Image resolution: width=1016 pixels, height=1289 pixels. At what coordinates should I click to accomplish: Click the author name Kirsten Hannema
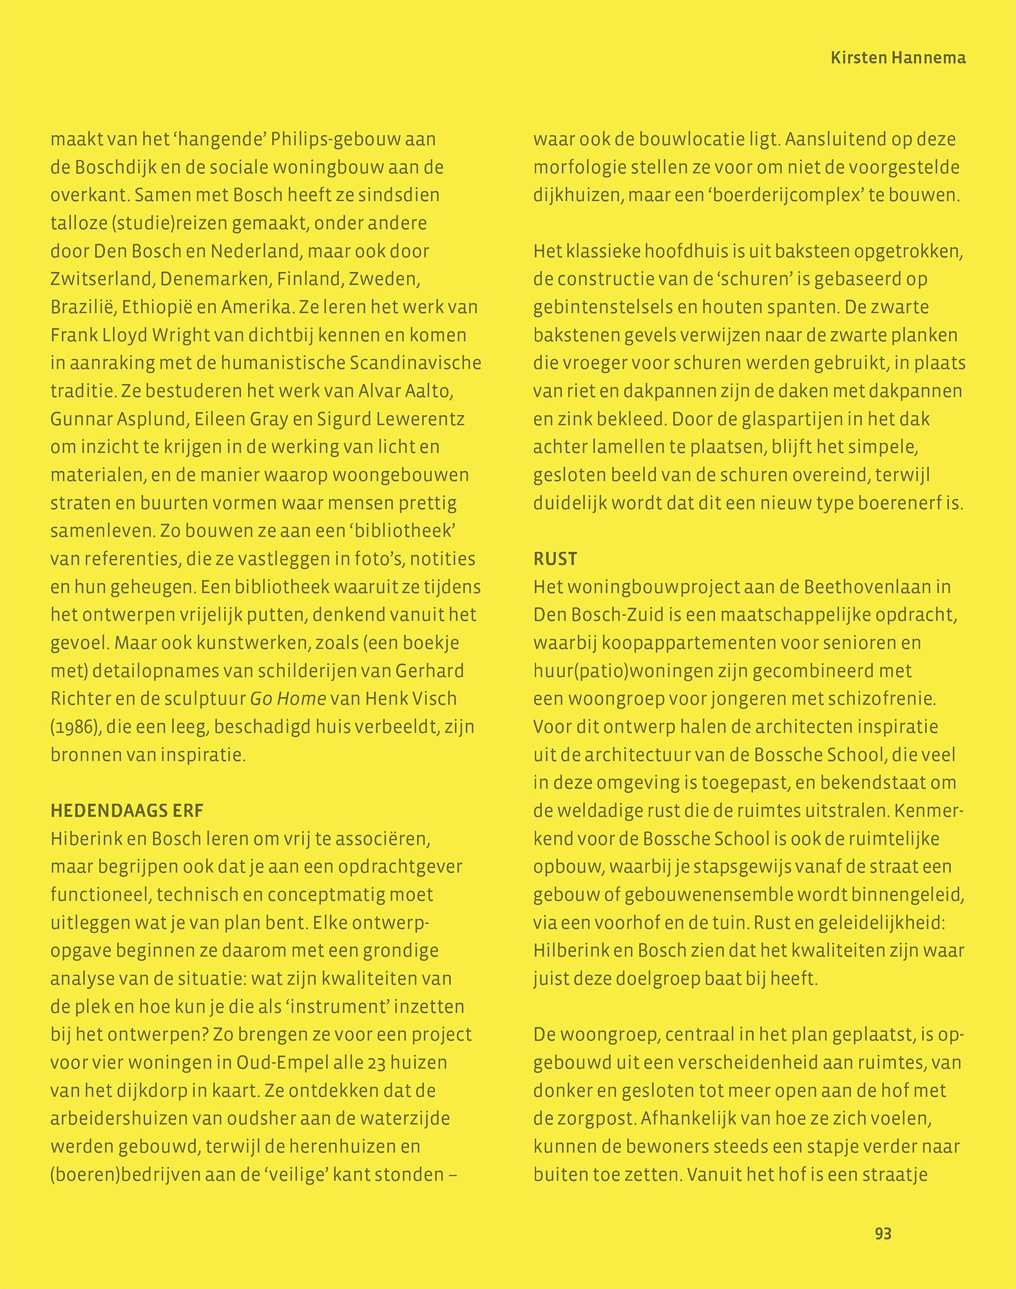click(897, 58)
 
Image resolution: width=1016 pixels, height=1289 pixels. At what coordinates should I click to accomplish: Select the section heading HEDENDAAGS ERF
click(127, 811)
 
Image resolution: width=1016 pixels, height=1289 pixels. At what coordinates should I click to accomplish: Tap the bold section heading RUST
click(555, 559)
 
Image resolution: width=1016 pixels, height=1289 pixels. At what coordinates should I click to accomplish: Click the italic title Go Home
click(288, 699)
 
